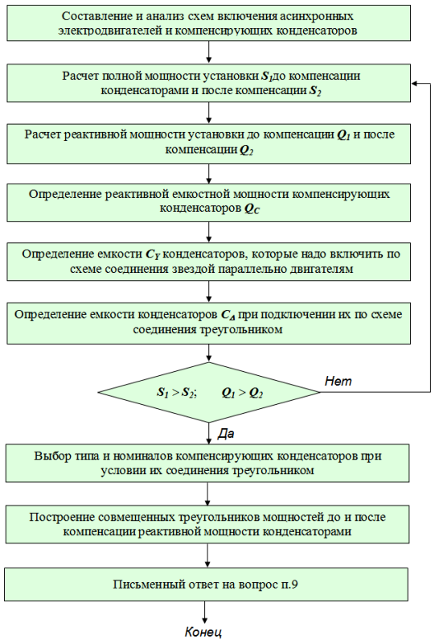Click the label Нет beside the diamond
338,381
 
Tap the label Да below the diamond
226,434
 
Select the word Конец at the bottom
203,632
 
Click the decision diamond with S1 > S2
209,392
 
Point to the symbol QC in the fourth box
252,208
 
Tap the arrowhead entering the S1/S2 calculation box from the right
414,84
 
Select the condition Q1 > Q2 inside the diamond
242,393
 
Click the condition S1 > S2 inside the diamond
176,393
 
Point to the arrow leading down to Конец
204,613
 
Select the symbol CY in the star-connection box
152,254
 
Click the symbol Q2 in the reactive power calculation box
246,150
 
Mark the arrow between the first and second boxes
209,52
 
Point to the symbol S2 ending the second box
314,91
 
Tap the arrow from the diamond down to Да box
208,433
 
